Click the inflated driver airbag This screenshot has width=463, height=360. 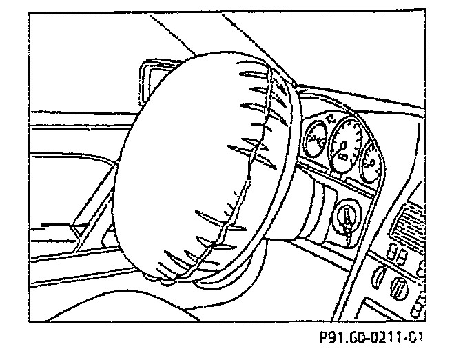[x=200, y=166]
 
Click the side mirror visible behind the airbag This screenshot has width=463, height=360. [x=155, y=76]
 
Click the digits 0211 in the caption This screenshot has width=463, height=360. [x=393, y=337]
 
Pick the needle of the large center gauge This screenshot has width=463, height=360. [x=342, y=146]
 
